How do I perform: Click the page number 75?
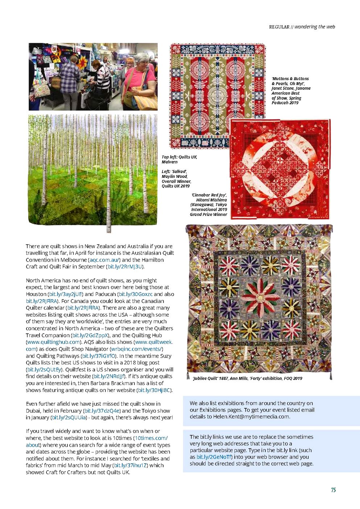333,490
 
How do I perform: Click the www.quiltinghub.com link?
53,342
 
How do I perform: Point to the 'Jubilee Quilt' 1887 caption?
248,378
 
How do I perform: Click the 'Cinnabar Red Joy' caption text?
209,205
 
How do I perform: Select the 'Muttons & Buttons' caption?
291,91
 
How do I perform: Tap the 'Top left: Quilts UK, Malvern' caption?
179,159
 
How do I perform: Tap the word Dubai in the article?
33,411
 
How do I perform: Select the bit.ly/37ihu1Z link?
131,465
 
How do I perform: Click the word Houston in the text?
36,294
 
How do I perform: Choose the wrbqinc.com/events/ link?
136,349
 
